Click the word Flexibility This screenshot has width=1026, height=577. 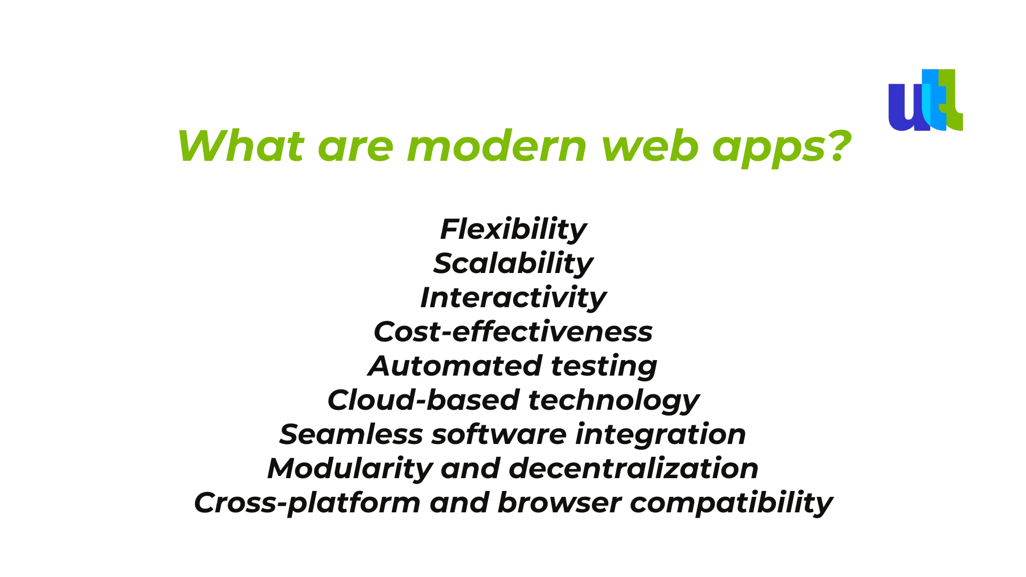coord(513,230)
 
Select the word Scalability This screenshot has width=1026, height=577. coord(513,263)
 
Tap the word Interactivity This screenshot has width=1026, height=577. coord(513,298)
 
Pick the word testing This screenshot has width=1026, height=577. coord(604,367)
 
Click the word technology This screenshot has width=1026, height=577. coord(613,401)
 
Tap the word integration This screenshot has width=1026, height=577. coord(660,435)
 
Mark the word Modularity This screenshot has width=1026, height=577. coord(349,469)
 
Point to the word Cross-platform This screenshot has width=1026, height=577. coord(307,503)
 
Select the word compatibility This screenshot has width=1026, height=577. coord(731,503)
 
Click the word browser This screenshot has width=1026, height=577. coord(559,503)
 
